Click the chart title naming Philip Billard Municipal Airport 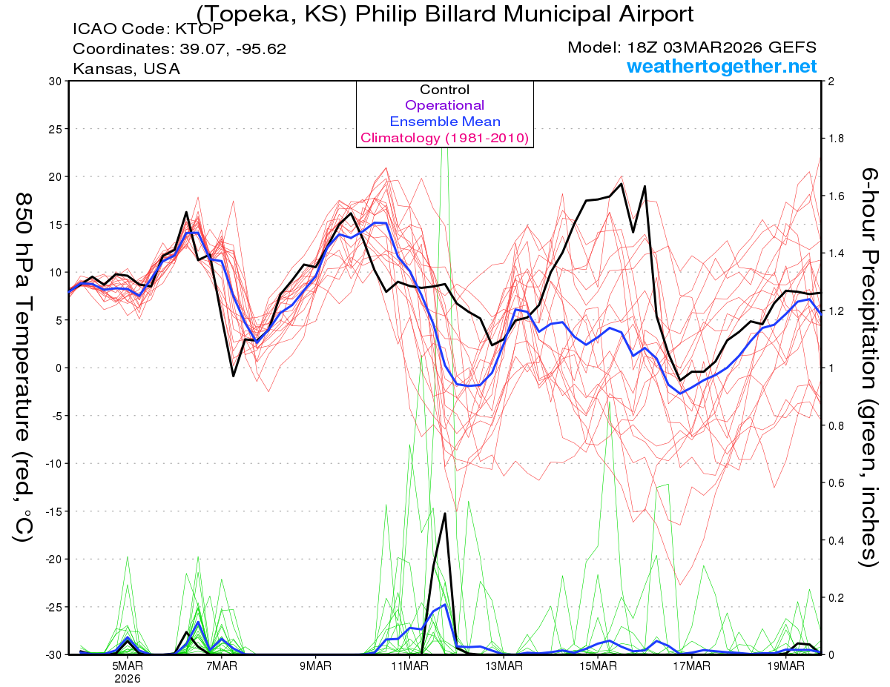tap(445, 15)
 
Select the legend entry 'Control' tap(445, 90)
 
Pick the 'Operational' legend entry tap(445, 105)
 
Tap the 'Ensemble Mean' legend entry tap(445, 122)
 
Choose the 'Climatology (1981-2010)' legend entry tap(445, 138)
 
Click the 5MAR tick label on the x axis tap(128, 666)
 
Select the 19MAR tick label tap(784, 666)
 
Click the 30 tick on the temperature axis tap(54, 81)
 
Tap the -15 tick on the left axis tap(53, 511)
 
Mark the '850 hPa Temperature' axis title tap(24, 367)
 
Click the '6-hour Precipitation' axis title tap(869, 367)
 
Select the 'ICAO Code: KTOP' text tap(131, 30)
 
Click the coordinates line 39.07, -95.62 tap(179, 49)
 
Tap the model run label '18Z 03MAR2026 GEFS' tap(692, 47)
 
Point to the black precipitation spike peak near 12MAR tap(445, 513)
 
